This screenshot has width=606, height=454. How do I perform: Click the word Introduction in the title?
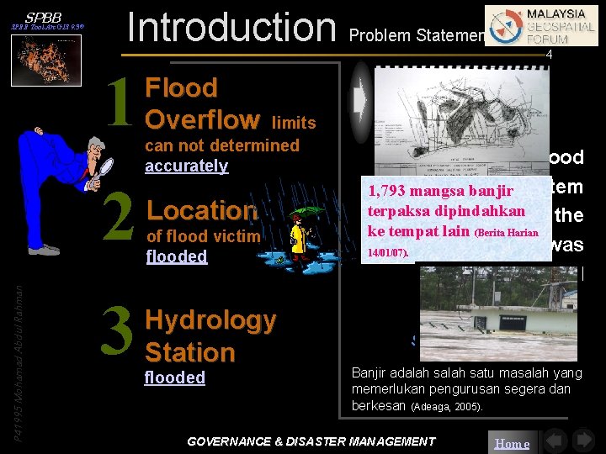(230, 27)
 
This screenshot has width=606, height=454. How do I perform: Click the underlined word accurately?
(186, 166)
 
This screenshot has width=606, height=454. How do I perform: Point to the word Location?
(202, 210)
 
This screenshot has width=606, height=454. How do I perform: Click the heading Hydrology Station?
(210, 335)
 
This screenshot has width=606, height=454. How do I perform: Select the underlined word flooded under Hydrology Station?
(174, 377)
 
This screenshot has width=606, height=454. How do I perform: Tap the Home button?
(511, 443)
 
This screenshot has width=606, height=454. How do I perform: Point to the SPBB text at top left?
(42, 17)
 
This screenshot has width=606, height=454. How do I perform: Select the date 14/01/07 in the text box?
(387, 251)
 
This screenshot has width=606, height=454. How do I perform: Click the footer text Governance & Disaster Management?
(311, 441)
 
